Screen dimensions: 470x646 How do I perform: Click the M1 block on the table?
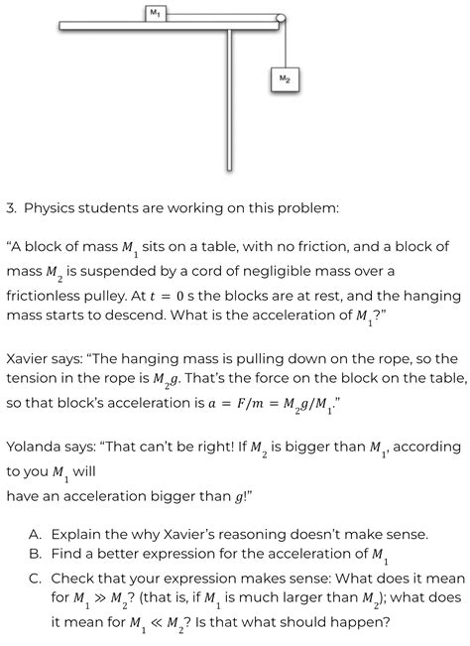(x=155, y=13)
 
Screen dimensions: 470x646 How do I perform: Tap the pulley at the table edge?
(x=282, y=18)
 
